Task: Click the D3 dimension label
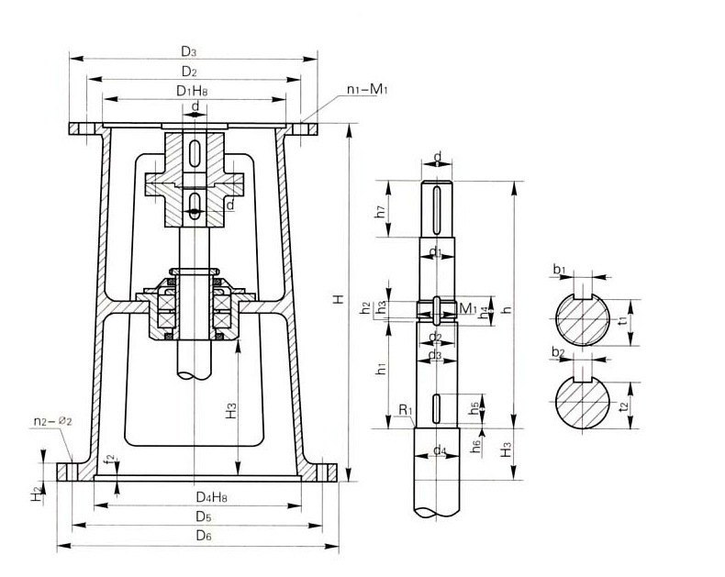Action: [188, 51]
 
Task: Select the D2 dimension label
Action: [188, 71]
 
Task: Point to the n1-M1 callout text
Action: [368, 91]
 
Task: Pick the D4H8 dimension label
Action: [212, 497]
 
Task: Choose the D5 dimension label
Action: [204, 516]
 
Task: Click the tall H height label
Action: [339, 300]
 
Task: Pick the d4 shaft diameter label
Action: [440, 450]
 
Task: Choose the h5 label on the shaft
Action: [474, 406]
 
